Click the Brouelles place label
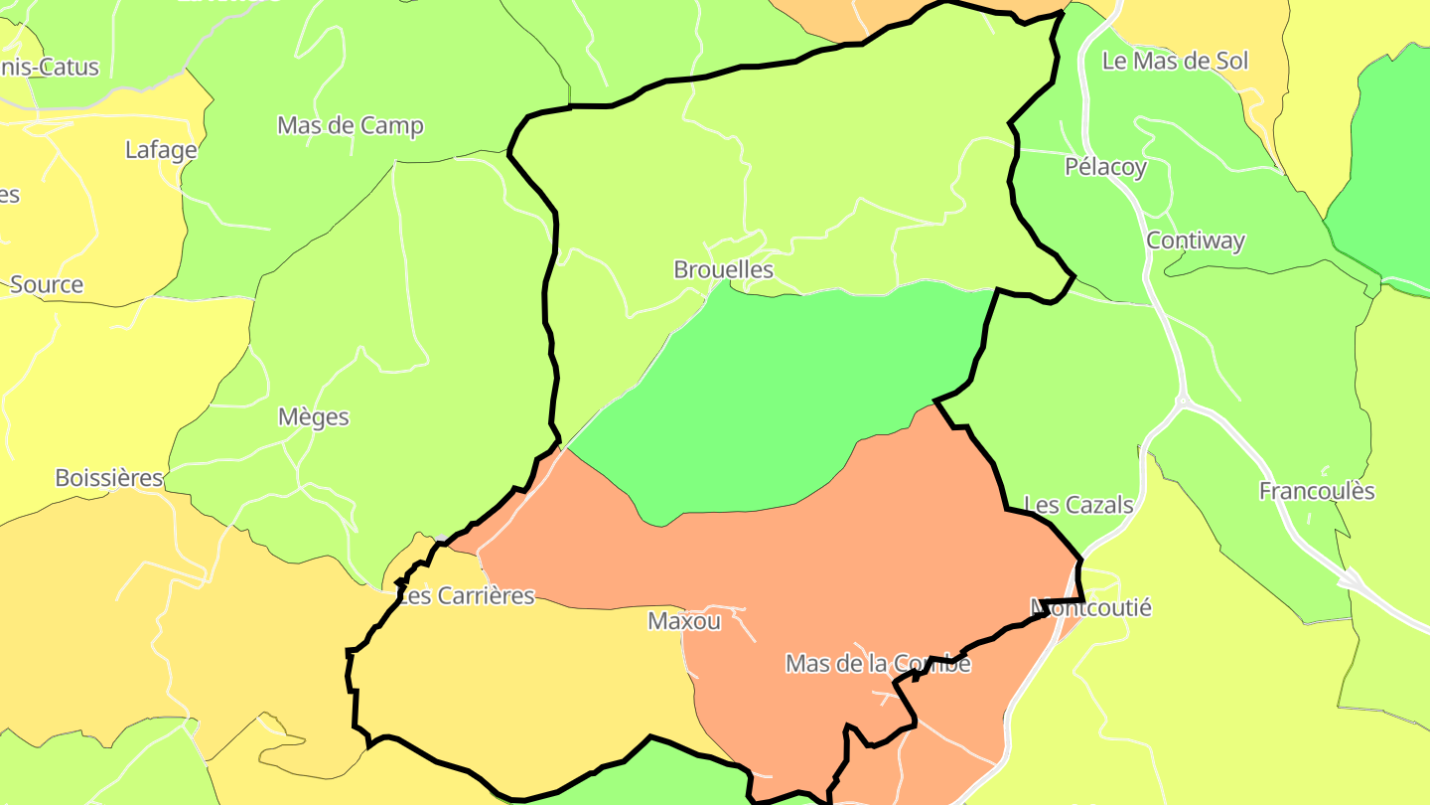click(723, 269)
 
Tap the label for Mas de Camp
click(350, 125)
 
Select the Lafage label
click(161, 150)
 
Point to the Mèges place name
click(314, 416)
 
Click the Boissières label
click(108, 478)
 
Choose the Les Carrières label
click(466, 596)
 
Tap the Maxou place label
click(684, 621)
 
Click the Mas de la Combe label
click(878, 663)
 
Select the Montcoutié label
click(1091, 606)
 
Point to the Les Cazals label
click(1077, 505)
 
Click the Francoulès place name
click(1317, 491)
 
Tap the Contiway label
click(1196, 241)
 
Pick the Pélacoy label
click(1105, 167)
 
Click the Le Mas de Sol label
click(1175, 61)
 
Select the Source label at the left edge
click(46, 284)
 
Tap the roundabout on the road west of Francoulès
click(1182, 402)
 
